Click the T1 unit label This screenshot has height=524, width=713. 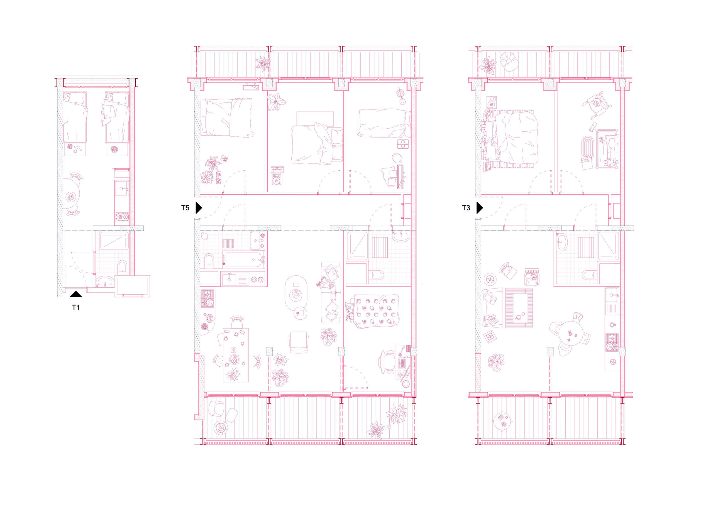pos(75,307)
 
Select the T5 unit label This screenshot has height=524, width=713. pos(185,208)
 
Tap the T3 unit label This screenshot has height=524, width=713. pos(466,208)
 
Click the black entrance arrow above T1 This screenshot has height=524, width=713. pos(76,294)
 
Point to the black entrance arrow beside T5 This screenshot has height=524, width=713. pos(199,208)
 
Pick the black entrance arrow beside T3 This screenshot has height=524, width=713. pos(479,208)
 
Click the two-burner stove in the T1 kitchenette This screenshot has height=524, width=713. pos(122,217)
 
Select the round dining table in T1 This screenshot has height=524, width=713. pos(71,194)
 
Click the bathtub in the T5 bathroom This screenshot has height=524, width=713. pos(244,260)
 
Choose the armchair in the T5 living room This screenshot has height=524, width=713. pos(299,342)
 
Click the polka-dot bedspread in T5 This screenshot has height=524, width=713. pos(376,311)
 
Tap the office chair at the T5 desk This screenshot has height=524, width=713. pos(387,362)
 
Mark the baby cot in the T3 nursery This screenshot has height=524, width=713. pos(607,148)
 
